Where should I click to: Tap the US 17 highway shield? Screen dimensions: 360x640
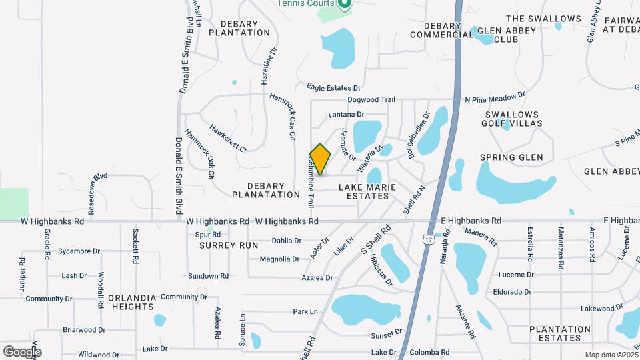coord(427,238)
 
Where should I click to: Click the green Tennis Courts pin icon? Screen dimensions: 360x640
coord(344,4)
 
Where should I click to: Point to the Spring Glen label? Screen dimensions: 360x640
coord(511,157)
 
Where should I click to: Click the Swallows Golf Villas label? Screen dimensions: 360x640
coord(512,119)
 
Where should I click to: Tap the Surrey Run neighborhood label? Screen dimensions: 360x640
coord(229,245)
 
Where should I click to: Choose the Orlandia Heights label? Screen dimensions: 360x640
coord(133,302)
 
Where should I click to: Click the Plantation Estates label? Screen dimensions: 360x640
coord(560,333)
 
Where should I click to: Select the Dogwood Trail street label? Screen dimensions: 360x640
coord(371,99)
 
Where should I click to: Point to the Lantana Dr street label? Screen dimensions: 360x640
coord(346,115)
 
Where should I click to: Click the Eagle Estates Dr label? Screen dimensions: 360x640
coord(333,87)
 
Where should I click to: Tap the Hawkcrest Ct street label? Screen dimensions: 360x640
coord(227,138)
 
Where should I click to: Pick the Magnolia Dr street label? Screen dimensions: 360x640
coord(279,259)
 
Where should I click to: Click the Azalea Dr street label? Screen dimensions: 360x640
coord(317,277)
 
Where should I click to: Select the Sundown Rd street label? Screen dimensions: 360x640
coord(208,275)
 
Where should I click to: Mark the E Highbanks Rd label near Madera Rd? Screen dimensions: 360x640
coord(471,221)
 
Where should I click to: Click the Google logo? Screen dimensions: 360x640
coord(22,351)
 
